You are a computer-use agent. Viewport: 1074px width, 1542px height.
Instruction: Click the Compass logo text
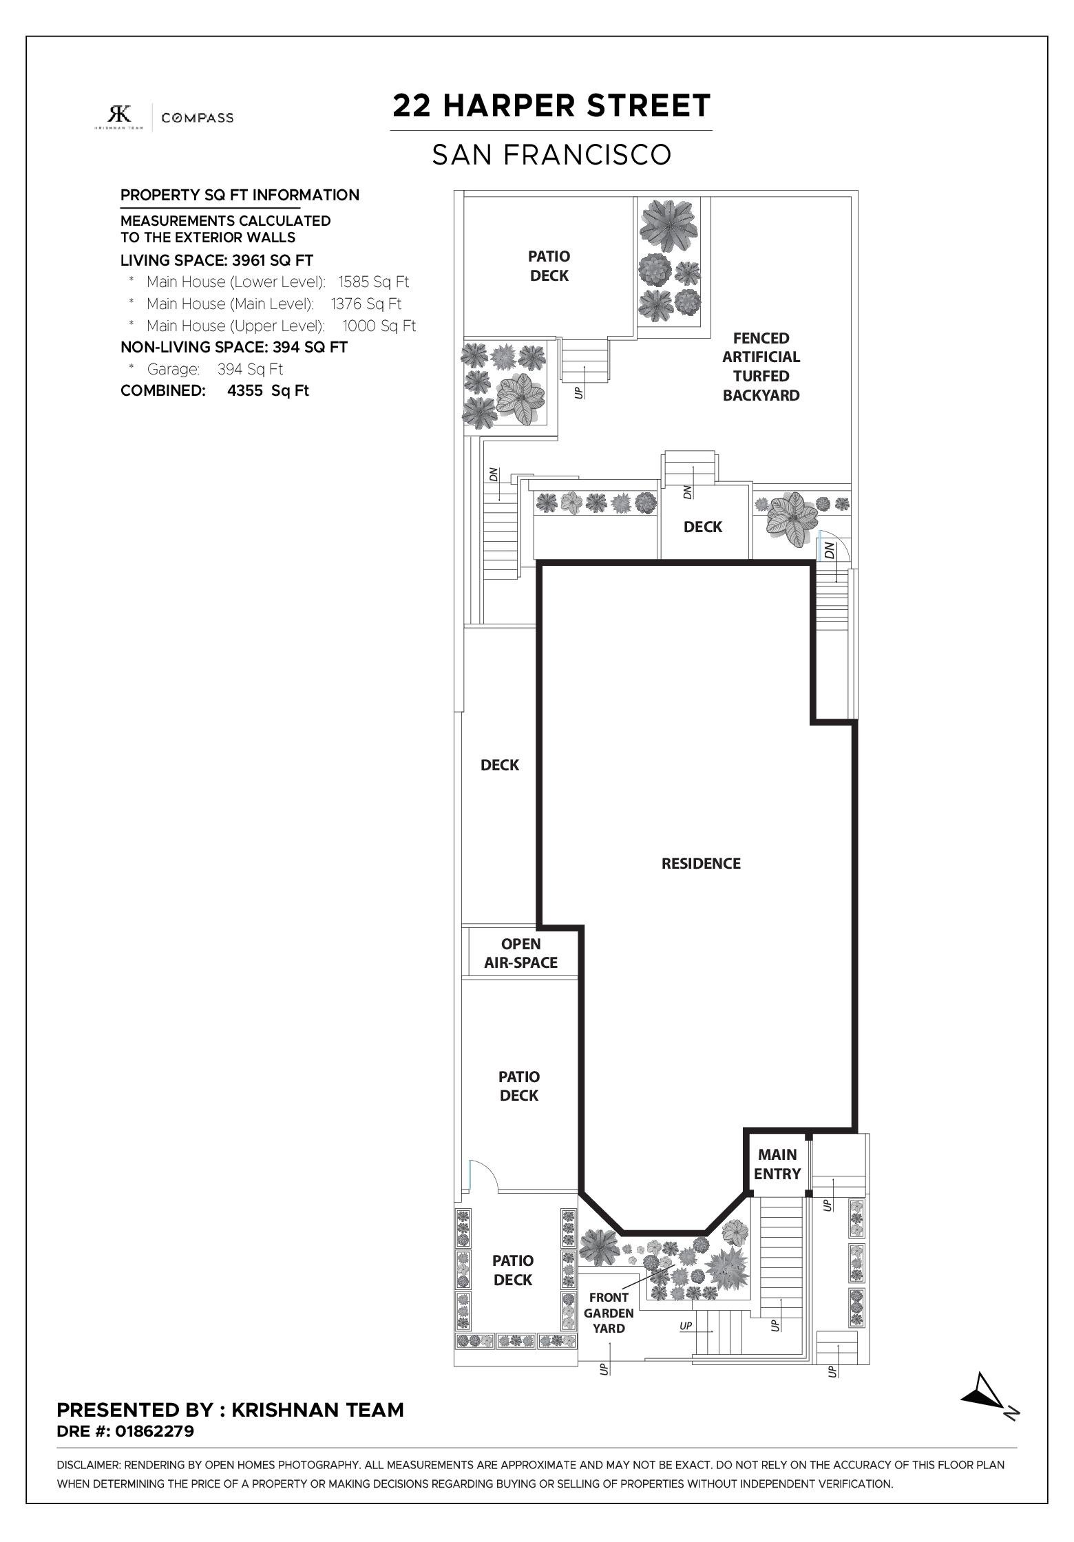point(197,118)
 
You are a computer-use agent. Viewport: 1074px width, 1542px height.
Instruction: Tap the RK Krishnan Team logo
point(119,116)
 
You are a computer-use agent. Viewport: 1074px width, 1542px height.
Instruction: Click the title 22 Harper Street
point(551,106)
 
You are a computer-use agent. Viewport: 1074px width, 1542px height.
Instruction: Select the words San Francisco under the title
point(551,155)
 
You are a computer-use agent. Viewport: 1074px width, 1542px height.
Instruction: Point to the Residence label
point(701,863)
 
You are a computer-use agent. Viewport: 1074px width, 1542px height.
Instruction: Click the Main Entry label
point(777,1164)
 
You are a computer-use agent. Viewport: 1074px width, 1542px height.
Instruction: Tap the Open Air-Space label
point(520,953)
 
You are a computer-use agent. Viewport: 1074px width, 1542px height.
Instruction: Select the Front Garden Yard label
point(609,1313)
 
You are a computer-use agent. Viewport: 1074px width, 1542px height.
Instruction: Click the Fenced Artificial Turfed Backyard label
point(761,367)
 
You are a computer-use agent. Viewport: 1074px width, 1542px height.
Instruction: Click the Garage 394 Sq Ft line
point(215,369)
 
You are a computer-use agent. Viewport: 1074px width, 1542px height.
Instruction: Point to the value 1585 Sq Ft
point(373,282)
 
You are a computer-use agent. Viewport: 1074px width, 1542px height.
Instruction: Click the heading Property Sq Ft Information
point(240,195)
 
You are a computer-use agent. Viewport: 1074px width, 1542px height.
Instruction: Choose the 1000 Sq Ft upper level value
point(379,326)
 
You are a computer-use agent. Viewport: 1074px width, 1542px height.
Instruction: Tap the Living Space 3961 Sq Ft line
point(217,260)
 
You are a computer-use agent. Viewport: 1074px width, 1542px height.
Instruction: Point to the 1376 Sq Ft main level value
point(366,304)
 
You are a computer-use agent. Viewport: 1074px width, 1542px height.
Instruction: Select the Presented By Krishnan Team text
point(230,1410)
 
